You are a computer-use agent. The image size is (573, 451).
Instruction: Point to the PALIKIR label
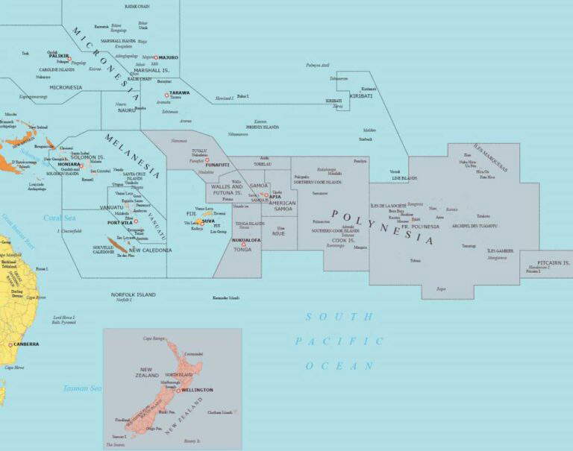pos(59,55)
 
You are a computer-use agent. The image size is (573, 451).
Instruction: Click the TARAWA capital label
pos(180,93)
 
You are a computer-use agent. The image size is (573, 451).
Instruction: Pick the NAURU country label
pos(127,110)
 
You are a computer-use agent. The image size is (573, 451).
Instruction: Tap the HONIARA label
pos(69,165)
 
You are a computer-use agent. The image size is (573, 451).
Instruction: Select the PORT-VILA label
pos(120,222)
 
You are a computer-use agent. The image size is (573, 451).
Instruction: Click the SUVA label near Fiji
pos(208,221)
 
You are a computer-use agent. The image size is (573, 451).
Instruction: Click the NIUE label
pos(278,233)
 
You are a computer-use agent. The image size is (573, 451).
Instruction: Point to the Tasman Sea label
pos(81,388)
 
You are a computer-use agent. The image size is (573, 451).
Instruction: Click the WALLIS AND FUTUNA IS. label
pos(227,189)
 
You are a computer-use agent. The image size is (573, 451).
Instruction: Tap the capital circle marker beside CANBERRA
pos(10,344)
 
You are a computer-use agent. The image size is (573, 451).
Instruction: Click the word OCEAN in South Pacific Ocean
pos(338,366)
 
